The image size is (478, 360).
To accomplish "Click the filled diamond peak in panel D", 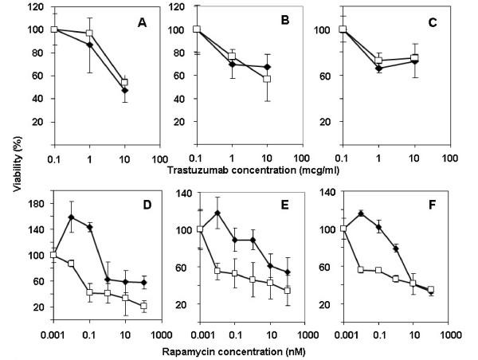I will click(x=72, y=217).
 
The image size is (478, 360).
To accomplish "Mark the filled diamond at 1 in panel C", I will click(x=379, y=68).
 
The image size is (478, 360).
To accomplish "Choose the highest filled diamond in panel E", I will click(x=217, y=213).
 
